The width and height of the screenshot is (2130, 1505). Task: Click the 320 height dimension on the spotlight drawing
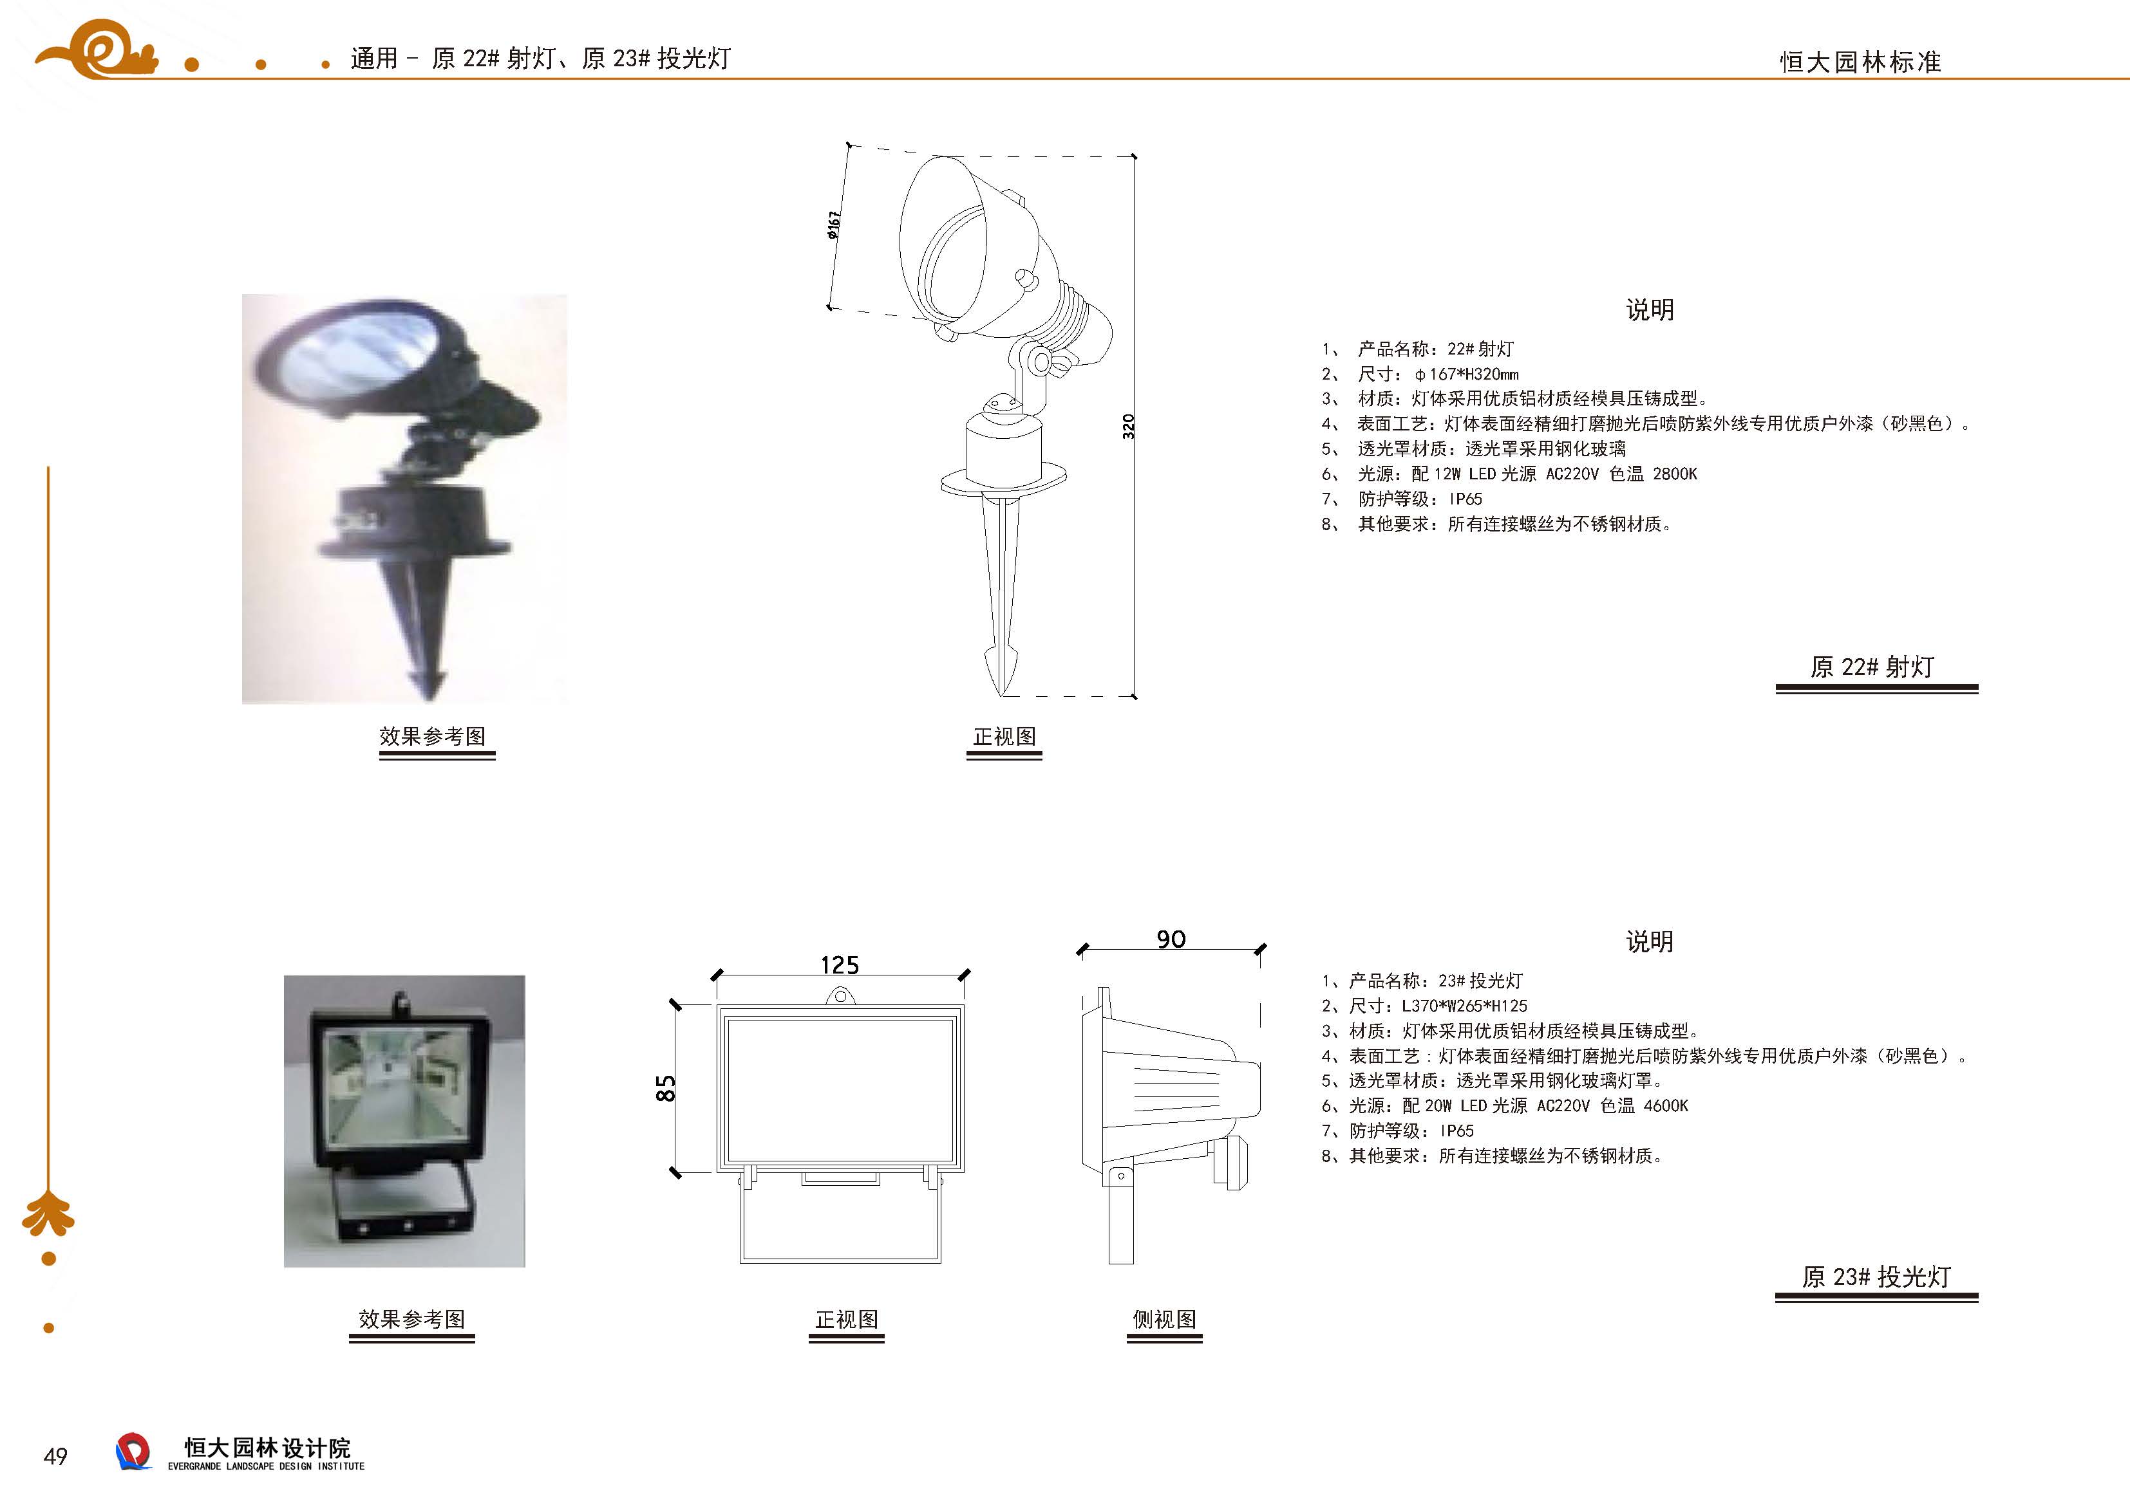1128,427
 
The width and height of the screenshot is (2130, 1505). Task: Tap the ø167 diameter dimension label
834,225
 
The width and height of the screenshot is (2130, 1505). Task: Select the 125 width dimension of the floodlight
840,965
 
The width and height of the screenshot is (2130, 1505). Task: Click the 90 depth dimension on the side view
1171,939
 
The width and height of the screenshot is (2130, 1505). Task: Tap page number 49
55,1456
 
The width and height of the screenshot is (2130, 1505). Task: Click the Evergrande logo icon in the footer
133,1451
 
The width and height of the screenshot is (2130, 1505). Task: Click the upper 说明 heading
1650,309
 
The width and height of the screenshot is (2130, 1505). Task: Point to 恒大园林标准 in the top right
1860,62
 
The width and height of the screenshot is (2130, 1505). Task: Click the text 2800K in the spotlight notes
1675,474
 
